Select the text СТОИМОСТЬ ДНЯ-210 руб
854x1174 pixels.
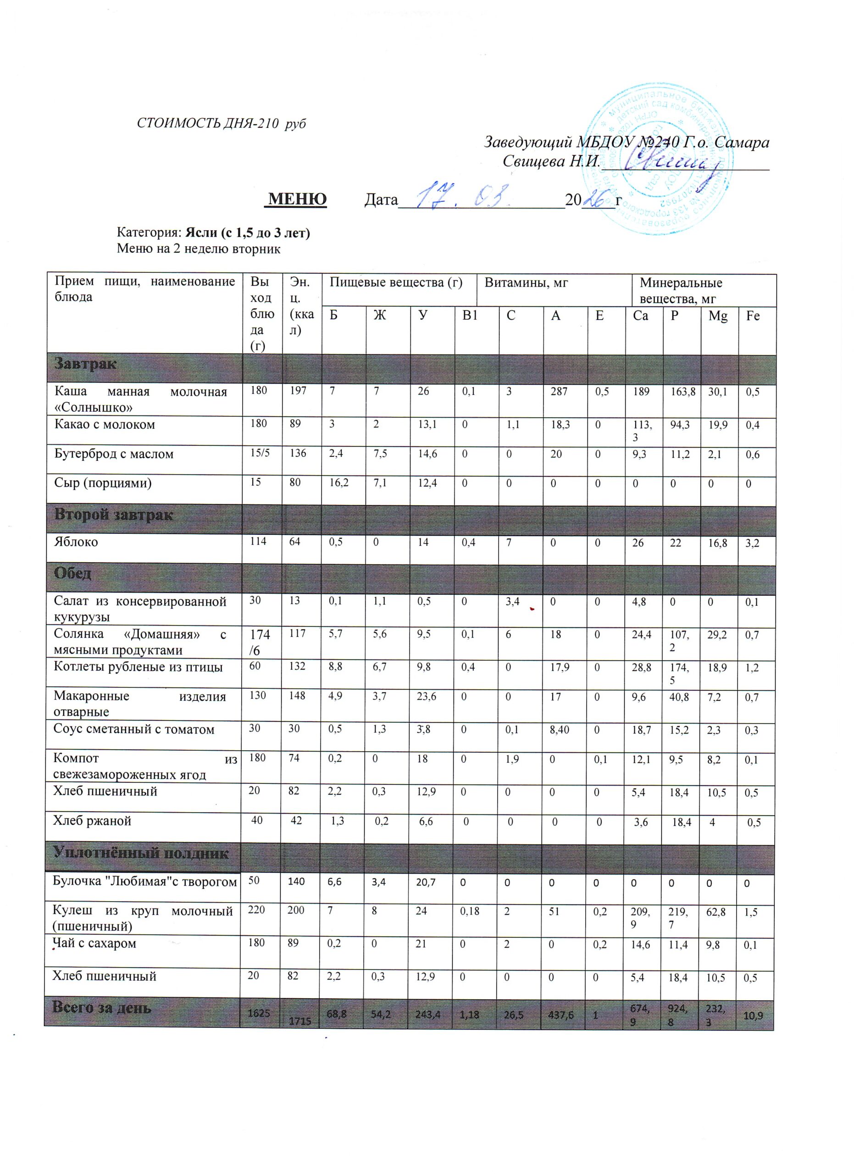tap(221, 124)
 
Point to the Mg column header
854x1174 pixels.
tap(718, 316)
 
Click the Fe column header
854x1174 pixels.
tap(753, 316)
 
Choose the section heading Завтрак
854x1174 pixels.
tap(86, 364)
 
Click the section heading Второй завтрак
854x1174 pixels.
tap(114, 515)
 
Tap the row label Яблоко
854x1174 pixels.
tap(76, 542)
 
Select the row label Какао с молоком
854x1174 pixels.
tap(105, 425)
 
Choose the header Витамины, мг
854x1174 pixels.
tap(527, 282)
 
